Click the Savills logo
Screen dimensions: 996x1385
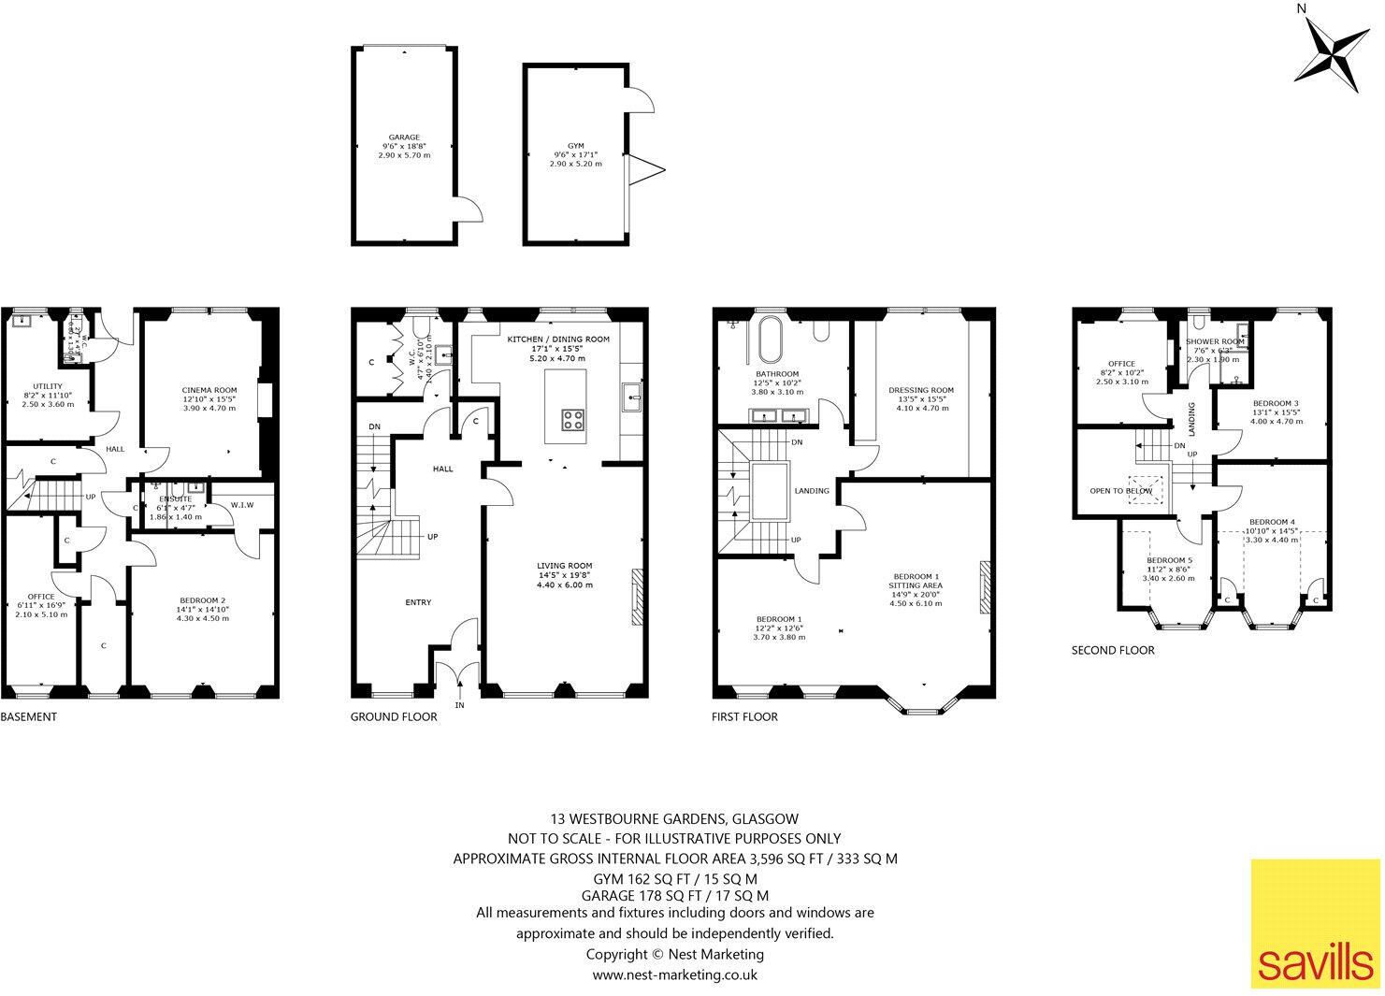1314,923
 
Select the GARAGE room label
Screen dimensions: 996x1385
404,137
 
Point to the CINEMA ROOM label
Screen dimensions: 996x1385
209,390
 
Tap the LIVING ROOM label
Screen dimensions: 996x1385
564,566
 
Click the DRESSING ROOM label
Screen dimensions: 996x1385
921,390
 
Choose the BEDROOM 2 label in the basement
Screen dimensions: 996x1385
202,600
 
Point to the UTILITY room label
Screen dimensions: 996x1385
47,386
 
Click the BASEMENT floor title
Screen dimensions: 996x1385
29,717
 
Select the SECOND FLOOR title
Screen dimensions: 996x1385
1113,650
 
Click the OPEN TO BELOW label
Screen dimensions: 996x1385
1120,490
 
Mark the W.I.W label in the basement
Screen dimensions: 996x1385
241,506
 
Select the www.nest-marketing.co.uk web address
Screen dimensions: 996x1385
674,974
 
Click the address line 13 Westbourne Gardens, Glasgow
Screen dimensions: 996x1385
674,818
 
